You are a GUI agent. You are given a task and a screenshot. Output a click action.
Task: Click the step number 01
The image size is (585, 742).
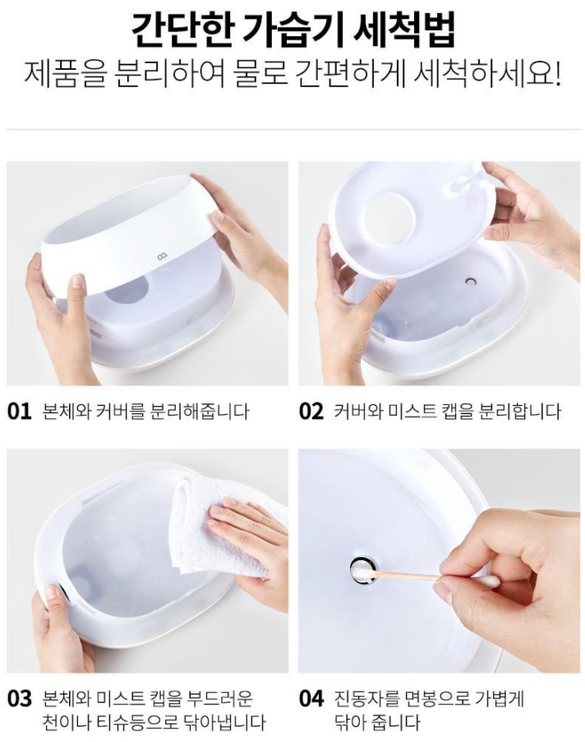point(20,411)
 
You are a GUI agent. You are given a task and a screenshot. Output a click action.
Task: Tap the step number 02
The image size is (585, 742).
point(311,411)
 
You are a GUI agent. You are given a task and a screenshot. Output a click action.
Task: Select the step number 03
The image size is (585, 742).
point(20,698)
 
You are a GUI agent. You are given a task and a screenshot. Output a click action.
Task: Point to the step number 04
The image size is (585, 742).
point(311,698)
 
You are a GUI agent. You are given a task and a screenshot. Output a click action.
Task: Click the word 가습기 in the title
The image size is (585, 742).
point(290,29)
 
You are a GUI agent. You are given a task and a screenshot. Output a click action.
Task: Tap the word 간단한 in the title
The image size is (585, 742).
point(182,29)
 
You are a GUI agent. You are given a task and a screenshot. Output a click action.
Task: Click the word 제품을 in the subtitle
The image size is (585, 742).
point(64,75)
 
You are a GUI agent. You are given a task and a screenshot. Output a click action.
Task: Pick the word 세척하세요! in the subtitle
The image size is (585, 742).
point(487,75)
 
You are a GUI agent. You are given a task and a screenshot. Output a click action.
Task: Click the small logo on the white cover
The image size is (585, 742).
point(162,258)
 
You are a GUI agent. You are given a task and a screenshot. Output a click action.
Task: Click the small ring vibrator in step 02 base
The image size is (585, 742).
point(471,282)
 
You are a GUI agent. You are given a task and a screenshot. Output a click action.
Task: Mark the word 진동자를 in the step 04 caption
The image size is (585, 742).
point(363,698)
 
